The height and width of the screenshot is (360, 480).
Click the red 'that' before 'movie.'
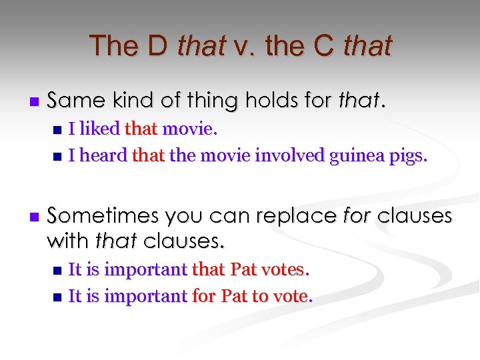coord(145,128)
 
